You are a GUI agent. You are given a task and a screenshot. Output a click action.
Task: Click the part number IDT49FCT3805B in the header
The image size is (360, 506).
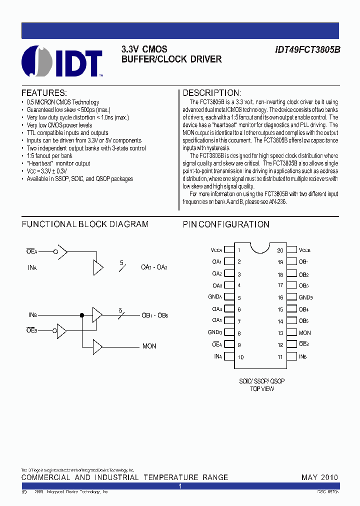(x=307, y=49)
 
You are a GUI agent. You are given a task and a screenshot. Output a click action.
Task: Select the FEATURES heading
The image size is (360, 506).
(x=44, y=93)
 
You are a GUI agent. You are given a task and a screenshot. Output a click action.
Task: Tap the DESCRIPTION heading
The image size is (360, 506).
(x=212, y=93)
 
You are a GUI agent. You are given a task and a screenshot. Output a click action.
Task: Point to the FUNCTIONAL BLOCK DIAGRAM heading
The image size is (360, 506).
(x=85, y=224)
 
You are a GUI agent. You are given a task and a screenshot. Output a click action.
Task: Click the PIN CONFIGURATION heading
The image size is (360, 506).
(x=226, y=224)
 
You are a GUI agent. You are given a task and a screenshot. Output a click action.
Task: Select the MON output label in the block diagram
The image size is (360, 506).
(x=149, y=346)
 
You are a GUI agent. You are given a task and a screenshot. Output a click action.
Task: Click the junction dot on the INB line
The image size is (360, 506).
(x=82, y=315)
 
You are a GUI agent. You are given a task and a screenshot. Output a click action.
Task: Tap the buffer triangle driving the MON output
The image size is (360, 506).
(x=97, y=345)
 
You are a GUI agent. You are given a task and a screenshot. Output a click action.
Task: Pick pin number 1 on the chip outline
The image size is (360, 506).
(x=239, y=250)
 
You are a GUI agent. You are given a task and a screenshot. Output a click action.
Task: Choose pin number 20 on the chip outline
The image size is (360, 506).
(x=280, y=250)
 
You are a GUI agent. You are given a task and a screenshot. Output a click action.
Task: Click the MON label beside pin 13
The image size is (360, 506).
(x=304, y=333)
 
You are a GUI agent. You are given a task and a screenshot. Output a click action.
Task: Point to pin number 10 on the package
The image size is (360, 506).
(x=240, y=357)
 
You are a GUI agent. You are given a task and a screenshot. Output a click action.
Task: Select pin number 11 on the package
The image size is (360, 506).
(x=280, y=357)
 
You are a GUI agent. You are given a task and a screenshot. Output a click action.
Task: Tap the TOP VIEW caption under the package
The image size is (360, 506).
(x=261, y=388)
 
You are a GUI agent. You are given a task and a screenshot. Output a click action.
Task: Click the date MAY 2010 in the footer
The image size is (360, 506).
(x=319, y=477)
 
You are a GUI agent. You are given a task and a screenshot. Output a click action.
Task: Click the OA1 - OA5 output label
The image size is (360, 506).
(x=154, y=267)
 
